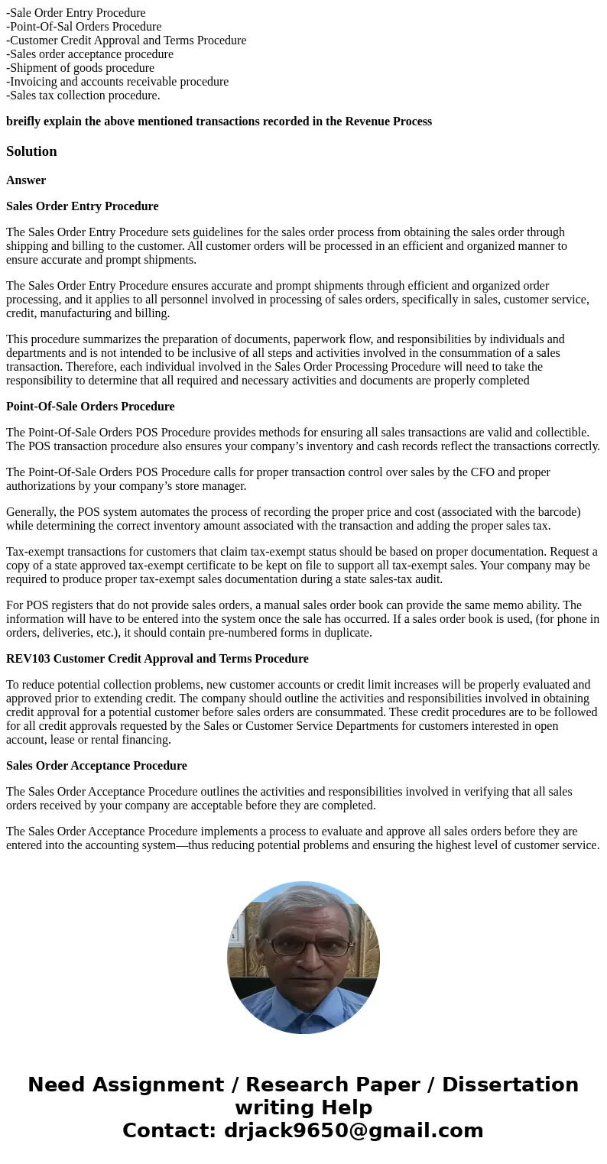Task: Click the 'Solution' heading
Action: (31, 151)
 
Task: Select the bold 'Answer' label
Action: (26, 180)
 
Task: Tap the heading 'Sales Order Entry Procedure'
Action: (83, 206)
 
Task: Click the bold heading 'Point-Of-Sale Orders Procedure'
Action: (90, 407)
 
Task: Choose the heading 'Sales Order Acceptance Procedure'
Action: (96, 766)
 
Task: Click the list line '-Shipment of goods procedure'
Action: (80, 68)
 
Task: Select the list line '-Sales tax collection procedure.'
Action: (83, 96)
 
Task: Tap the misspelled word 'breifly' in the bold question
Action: (24, 122)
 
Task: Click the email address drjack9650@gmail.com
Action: (353, 1131)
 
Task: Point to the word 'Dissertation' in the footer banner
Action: (510, 1085)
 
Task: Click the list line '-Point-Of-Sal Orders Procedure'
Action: (84, 27)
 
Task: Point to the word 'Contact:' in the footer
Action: (170, 1131)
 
